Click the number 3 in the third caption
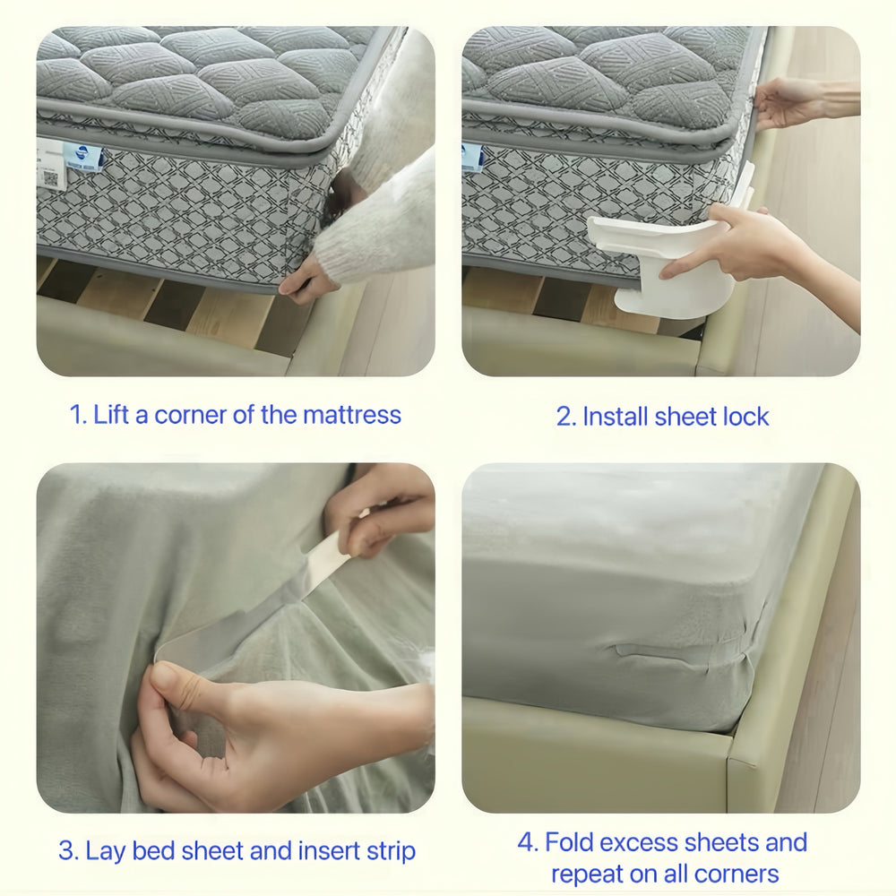(x=67, y=851)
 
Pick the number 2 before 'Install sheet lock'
(x=564, y=417)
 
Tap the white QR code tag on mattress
(x=50, y=164)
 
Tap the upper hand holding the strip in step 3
(x=381, y=511)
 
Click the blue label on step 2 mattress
(x=473, y=157)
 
